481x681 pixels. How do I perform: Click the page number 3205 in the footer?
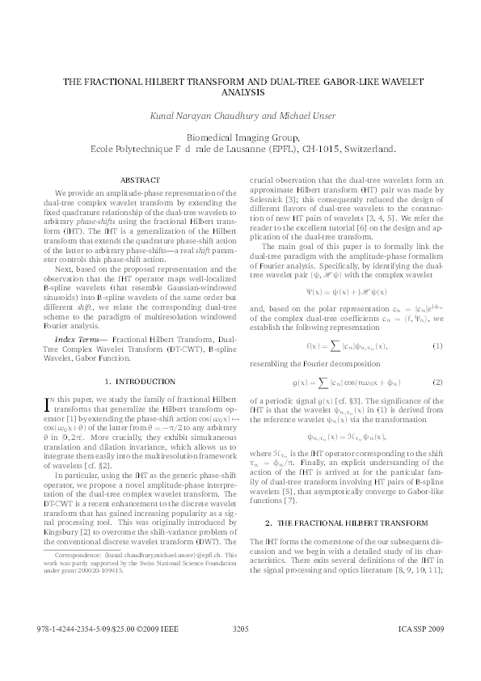pos(240,628)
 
